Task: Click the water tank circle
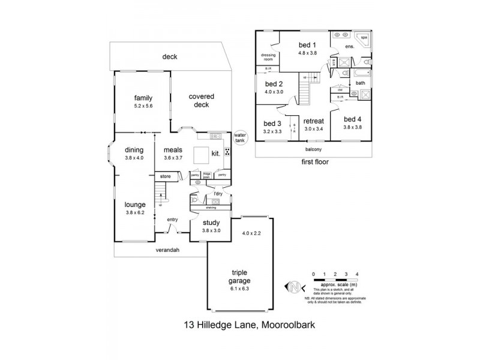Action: point(241,138)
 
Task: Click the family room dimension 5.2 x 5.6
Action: point(143,106)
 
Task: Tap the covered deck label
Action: point(201,100)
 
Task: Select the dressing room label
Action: point(268,58)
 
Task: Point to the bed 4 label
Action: point(352,119)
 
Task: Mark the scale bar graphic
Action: point(335,280)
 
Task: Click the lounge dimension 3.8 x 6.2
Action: point(136,212)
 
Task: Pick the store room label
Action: point(166,176)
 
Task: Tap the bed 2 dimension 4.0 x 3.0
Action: point(274,92)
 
